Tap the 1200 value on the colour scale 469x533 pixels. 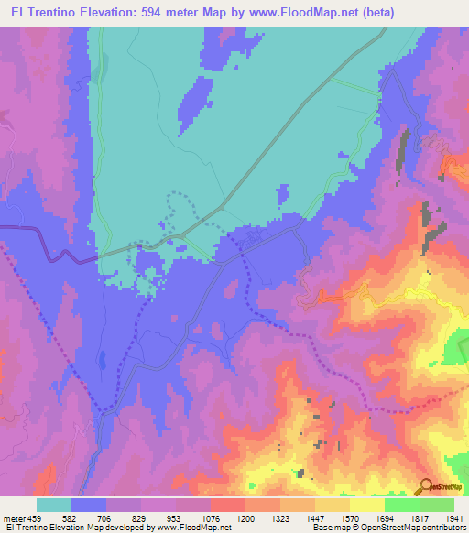coord(245,519)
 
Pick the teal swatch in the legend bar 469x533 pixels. coord(54,505)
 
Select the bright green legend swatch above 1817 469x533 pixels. coord(402,505)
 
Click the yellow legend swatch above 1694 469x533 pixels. coord(367,505)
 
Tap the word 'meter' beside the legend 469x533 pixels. coord(14,519)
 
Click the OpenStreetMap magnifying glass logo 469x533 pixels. coord(427,485)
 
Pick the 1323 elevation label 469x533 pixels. coord(280,519)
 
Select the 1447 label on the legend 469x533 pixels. coord(315,519)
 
